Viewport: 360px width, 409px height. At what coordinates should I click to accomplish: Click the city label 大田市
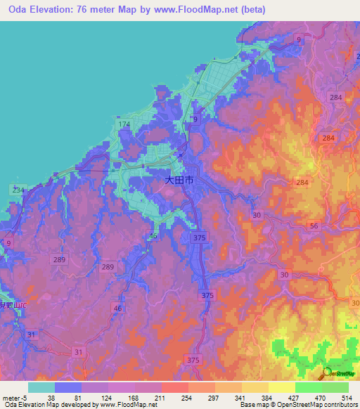179,181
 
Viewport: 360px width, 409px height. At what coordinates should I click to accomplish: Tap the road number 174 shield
124,125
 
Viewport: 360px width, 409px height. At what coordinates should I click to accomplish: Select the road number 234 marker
17,190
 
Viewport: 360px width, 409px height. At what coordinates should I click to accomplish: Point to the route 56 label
314,226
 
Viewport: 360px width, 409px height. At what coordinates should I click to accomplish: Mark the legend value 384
268,397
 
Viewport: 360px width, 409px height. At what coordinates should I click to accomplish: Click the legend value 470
321,397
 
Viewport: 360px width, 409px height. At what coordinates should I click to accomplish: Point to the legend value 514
347,397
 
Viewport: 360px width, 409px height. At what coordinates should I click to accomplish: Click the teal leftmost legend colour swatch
41,387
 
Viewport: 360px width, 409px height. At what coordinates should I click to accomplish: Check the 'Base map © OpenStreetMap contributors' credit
298,405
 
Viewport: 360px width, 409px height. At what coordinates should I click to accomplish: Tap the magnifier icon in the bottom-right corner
328,373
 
